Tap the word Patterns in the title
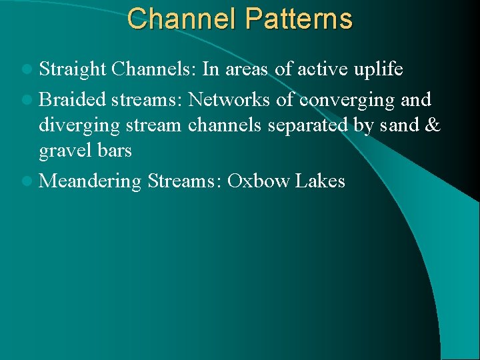(298, 19)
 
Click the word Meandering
(91, 181)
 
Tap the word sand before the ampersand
(401, 125)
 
